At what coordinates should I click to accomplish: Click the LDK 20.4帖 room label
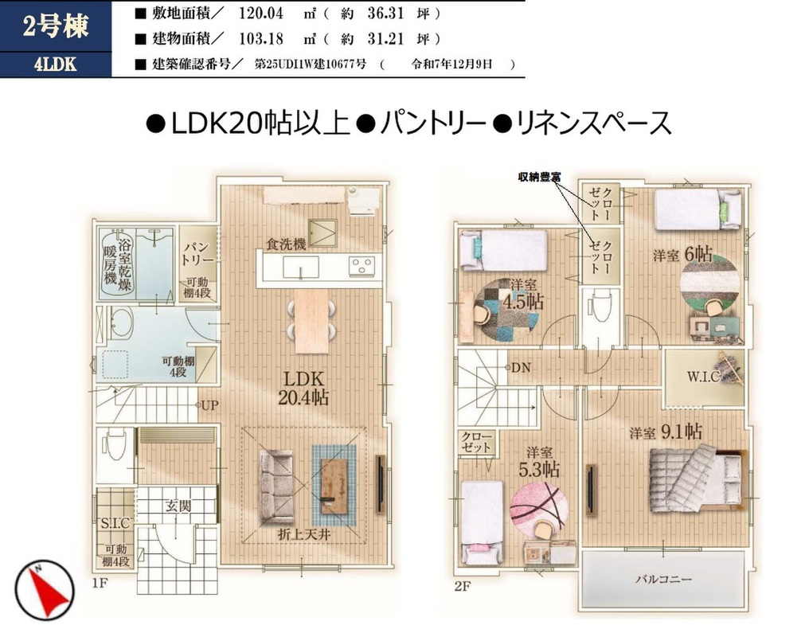pos(303,388)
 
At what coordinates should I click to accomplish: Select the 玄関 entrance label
pos(178,506)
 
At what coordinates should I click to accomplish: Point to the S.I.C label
pos(115,524)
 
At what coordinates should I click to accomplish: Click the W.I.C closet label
pos(703,377)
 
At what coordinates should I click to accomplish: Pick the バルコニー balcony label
pos(663,579)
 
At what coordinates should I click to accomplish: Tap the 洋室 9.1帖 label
pos(666,432)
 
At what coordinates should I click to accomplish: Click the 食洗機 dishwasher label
pos(287,244)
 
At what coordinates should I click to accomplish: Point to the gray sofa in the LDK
pos(276,486)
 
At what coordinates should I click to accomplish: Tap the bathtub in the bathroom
pos(118,264)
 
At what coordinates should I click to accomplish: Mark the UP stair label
pos(209,405)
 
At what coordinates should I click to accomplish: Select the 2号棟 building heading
pos(56,25)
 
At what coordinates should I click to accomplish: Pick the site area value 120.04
pos(260,13)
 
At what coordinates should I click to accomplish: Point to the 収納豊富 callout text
pos(540,177)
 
